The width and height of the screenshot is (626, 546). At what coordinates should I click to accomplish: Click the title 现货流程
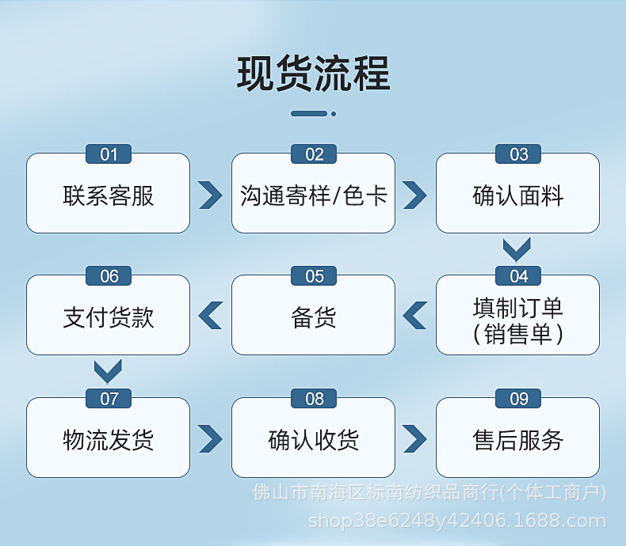313,74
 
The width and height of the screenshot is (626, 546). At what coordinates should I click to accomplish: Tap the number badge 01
109,154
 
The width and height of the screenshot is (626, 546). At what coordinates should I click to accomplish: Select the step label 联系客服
109,195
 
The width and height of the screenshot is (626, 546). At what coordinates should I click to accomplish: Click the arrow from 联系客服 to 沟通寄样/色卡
210,195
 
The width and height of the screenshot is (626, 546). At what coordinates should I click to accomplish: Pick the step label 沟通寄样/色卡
313,195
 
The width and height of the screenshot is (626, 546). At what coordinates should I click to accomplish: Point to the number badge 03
518,154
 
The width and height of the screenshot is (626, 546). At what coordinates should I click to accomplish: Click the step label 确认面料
518,195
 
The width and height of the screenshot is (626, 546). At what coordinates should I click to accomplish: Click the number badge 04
518,276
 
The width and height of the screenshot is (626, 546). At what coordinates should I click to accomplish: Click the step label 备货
313,317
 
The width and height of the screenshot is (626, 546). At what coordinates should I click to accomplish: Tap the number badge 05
314,276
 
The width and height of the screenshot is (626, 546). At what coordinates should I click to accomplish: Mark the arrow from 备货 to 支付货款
210,316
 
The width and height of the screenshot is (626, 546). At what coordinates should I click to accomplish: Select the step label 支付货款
109,317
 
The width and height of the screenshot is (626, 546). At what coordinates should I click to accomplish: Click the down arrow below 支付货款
108,371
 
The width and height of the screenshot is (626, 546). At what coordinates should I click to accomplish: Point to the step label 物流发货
109,439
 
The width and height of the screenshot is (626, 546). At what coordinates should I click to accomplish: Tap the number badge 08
314,399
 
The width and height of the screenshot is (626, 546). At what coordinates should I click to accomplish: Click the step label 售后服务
518,439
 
